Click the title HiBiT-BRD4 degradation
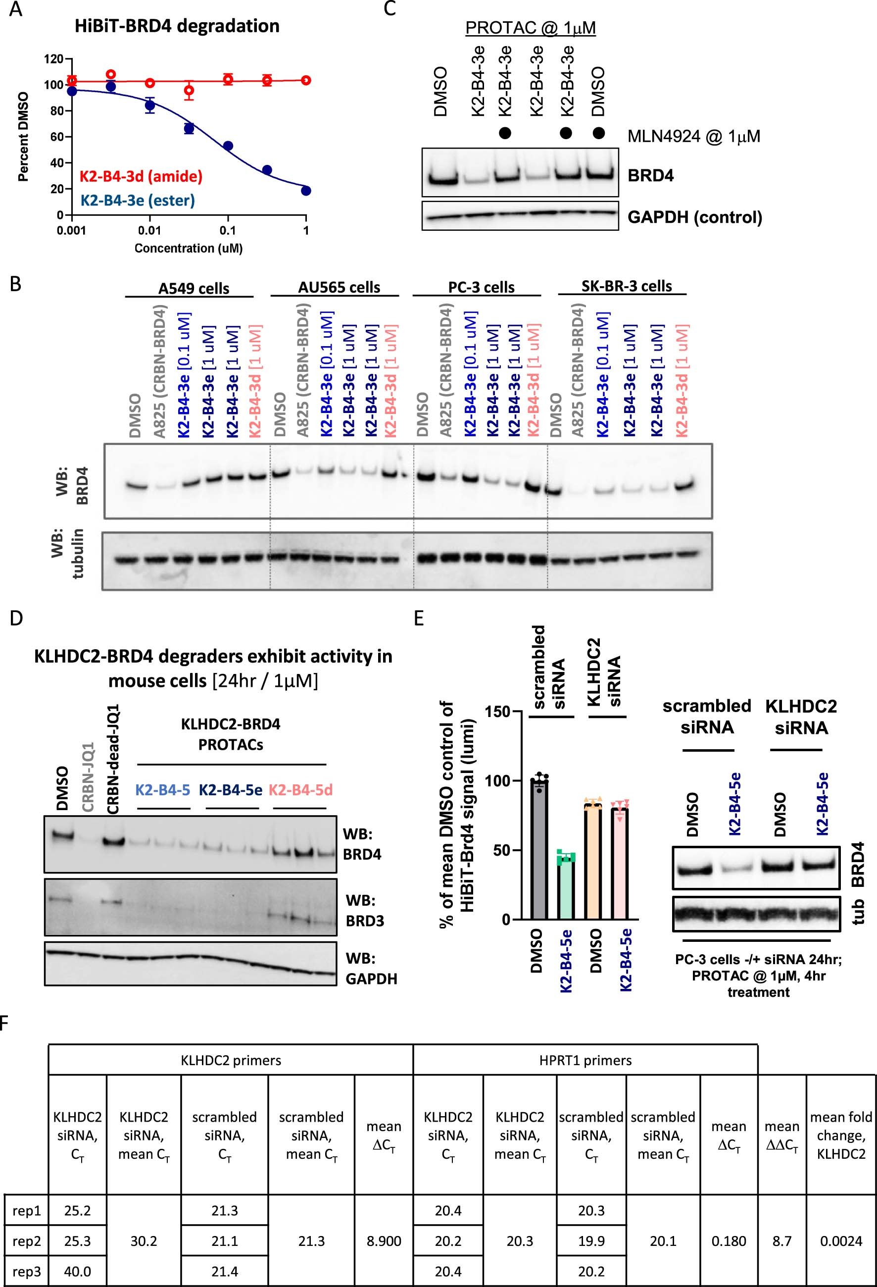point(177,26)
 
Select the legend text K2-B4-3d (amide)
point(141,177)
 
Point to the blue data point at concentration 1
point(306,191)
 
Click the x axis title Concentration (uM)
point(189,248)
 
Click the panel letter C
point(390,9)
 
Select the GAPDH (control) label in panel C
point(694,217)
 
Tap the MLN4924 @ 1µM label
point(693,136)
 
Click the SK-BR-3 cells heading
point(627,286)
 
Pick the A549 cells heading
point(194,289)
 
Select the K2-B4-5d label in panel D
point(300,790)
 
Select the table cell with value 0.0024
point(840,1241)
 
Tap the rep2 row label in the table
point(26,1241)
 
